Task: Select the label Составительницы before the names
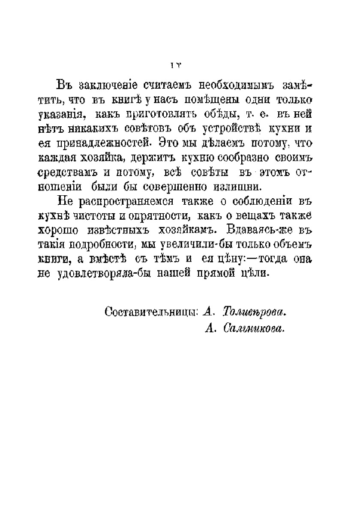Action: [151, 312]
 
